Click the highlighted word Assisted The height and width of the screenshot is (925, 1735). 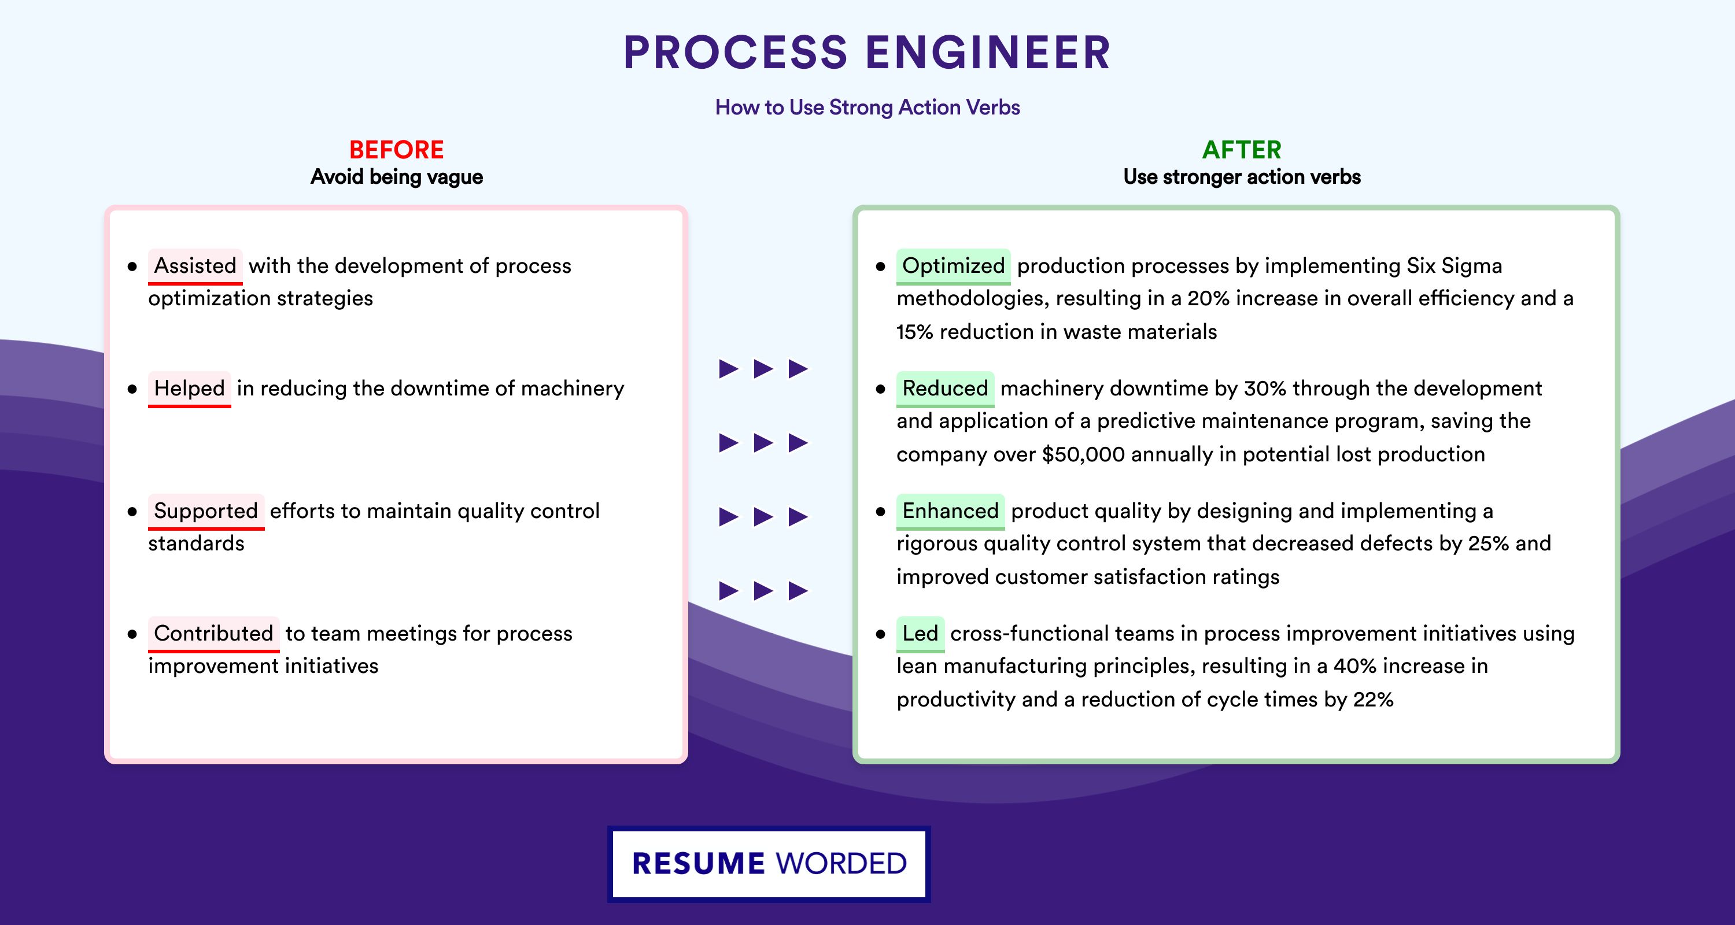click(195, 266)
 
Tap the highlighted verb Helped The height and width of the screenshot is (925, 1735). click(189, 388)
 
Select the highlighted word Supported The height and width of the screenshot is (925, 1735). click(206, 511)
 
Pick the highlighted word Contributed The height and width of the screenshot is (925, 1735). click(213, 634)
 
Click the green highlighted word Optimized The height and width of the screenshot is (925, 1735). click(953, 266)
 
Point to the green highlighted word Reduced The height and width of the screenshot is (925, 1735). click(945, 388)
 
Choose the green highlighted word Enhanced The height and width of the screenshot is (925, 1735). click(950, 511)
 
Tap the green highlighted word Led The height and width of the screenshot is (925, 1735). click(920, 634)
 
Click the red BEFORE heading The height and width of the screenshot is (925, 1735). click(397, 150)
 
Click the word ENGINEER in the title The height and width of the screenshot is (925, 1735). click(988, 53)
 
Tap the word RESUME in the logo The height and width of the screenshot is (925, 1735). click(699, 864)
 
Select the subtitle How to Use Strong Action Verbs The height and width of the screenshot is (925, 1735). click(867, 108)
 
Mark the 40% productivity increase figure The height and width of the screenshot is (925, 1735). click(1355, 666)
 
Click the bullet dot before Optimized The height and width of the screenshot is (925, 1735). click(880, 267)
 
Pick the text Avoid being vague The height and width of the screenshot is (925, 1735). click(397, 177)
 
